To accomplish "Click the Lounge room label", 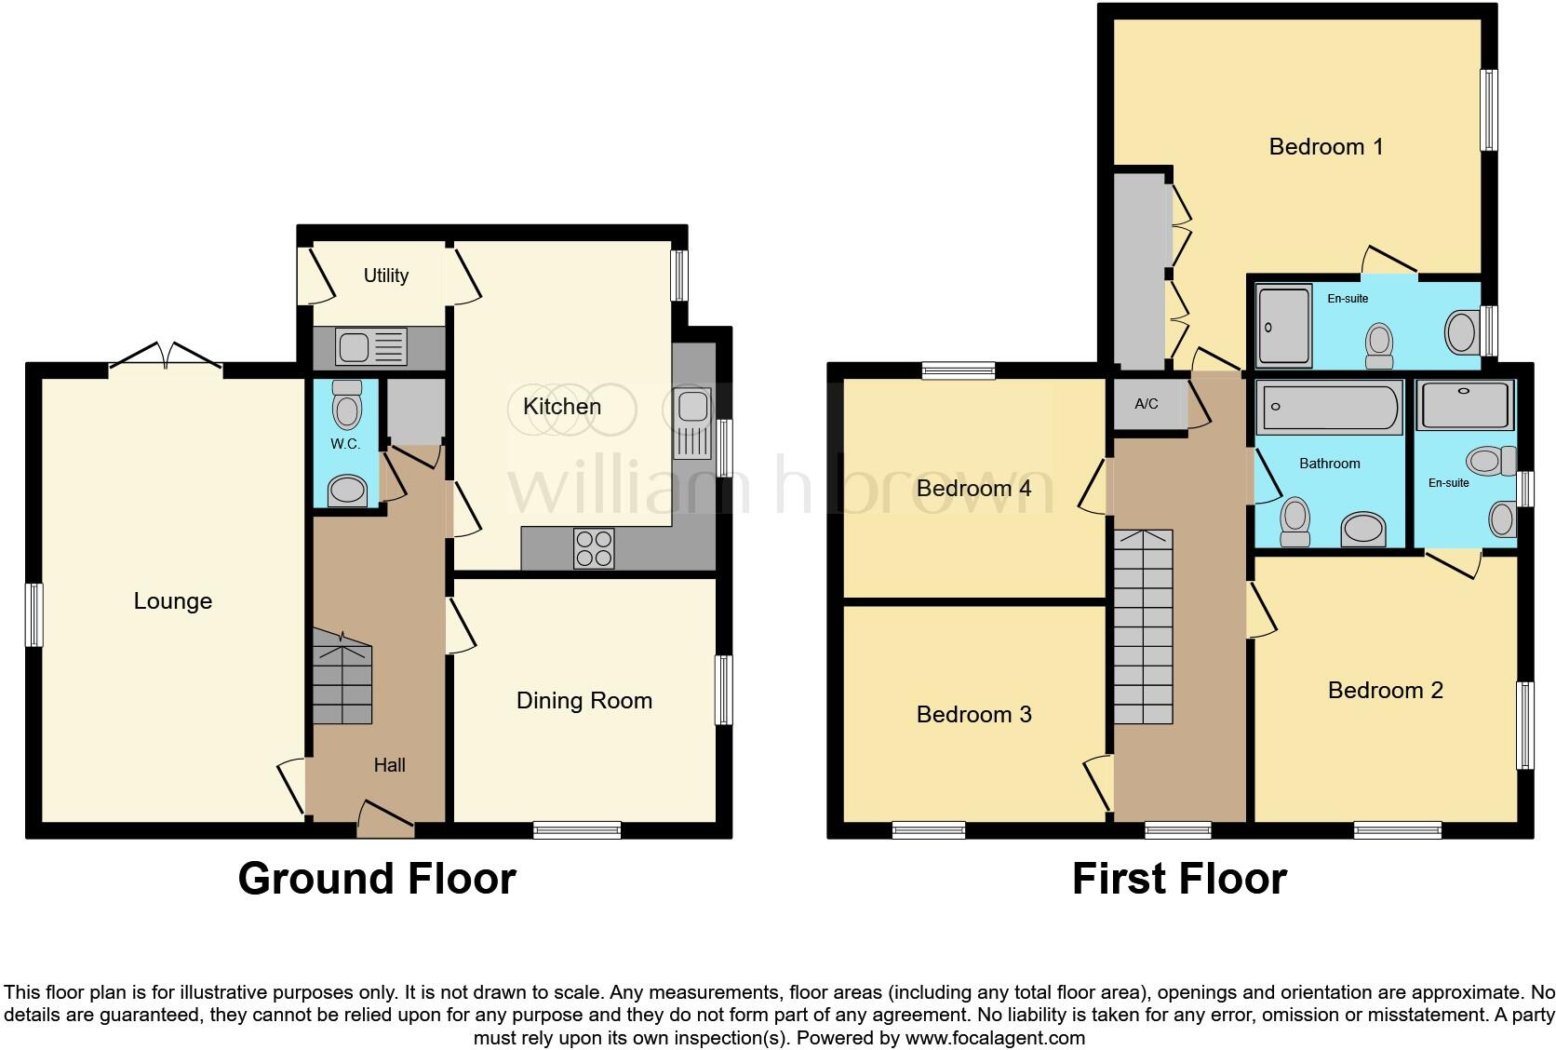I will (173, 601).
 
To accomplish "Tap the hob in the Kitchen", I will (594, 548).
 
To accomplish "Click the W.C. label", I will (345, 444).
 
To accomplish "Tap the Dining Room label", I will (583, 701).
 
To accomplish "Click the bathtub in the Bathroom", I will (1328, 408).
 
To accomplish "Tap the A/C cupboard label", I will (1146, 404).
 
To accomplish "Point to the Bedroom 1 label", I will (1325, 146).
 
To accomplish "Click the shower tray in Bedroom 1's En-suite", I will (1283, 326).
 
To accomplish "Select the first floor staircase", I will (1144, 626).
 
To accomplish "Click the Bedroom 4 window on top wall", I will (959, 370).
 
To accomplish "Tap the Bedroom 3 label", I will (973, 714).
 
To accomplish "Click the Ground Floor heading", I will (377, 879).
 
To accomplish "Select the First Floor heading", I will (1179, 879).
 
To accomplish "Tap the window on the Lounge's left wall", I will (34, 614).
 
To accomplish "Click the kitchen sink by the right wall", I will (693, 419).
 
